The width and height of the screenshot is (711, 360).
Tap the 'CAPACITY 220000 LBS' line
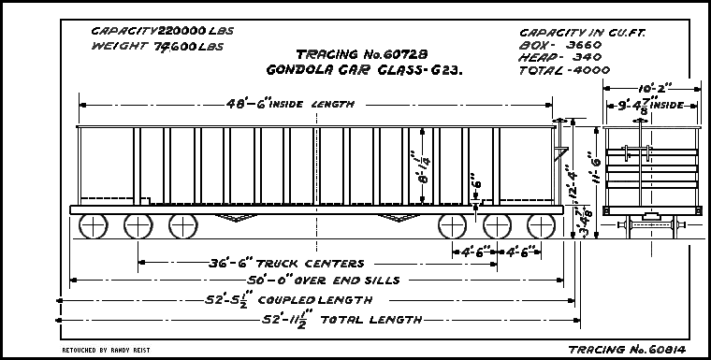tap(162, 31)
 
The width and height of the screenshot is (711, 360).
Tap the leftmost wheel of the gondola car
tap(94, 225)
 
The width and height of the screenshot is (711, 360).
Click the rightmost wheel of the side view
tap(542, 225)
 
